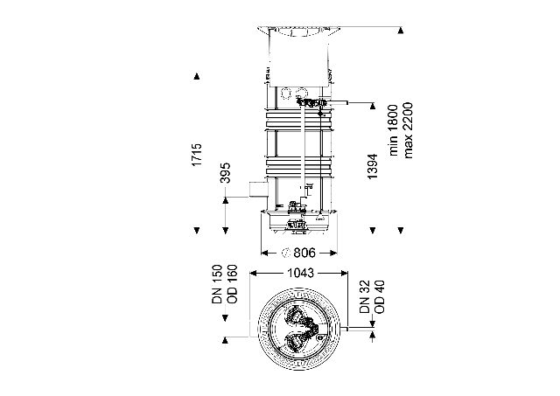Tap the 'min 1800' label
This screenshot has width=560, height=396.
point(396,129)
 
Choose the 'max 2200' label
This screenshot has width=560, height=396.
point(409,129)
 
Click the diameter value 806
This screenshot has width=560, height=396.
point(302,254)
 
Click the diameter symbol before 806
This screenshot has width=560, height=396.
point(285,254)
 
